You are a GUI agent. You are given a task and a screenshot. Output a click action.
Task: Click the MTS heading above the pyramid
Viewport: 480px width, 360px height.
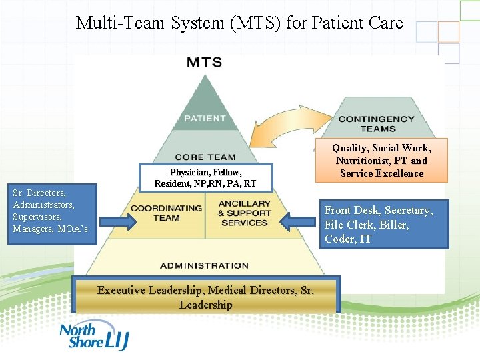[x=204, y=63]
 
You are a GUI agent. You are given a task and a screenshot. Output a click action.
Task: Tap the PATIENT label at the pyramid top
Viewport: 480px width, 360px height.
[x=205, y=118]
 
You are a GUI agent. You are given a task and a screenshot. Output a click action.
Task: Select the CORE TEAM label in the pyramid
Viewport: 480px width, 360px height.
[x=205, y=157]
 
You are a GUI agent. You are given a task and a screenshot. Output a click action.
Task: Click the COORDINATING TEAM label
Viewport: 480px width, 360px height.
[x=166, y=213]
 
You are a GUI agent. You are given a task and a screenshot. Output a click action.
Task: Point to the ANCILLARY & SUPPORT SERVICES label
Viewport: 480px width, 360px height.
[x=244, y=213]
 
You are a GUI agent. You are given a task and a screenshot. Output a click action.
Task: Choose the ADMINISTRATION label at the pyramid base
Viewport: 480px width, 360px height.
[x=204, y=265]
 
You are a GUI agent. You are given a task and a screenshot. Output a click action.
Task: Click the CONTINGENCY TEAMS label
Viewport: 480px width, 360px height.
[x=376, y=123]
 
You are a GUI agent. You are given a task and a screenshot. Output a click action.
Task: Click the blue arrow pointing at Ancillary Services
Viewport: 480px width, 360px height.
[x=300, y=220]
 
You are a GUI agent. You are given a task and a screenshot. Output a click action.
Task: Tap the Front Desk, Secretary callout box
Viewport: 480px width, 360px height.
[x=386, y=225]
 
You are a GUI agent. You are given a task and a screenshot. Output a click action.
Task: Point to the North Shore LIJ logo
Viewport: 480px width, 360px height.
[x=93, y=337]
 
